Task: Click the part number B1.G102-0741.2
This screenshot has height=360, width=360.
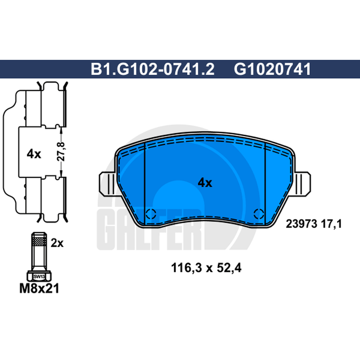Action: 153,69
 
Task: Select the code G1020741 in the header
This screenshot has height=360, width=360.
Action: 273,69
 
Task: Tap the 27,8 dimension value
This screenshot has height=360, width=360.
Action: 61,152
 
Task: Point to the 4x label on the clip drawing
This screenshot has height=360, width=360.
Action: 34,154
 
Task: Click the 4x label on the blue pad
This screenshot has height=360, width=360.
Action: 205,183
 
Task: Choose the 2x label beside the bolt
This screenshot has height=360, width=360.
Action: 57,243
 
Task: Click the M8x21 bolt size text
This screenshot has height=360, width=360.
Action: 39,288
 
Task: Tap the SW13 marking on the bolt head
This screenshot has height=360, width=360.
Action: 39,277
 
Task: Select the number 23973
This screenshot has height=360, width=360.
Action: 301,224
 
